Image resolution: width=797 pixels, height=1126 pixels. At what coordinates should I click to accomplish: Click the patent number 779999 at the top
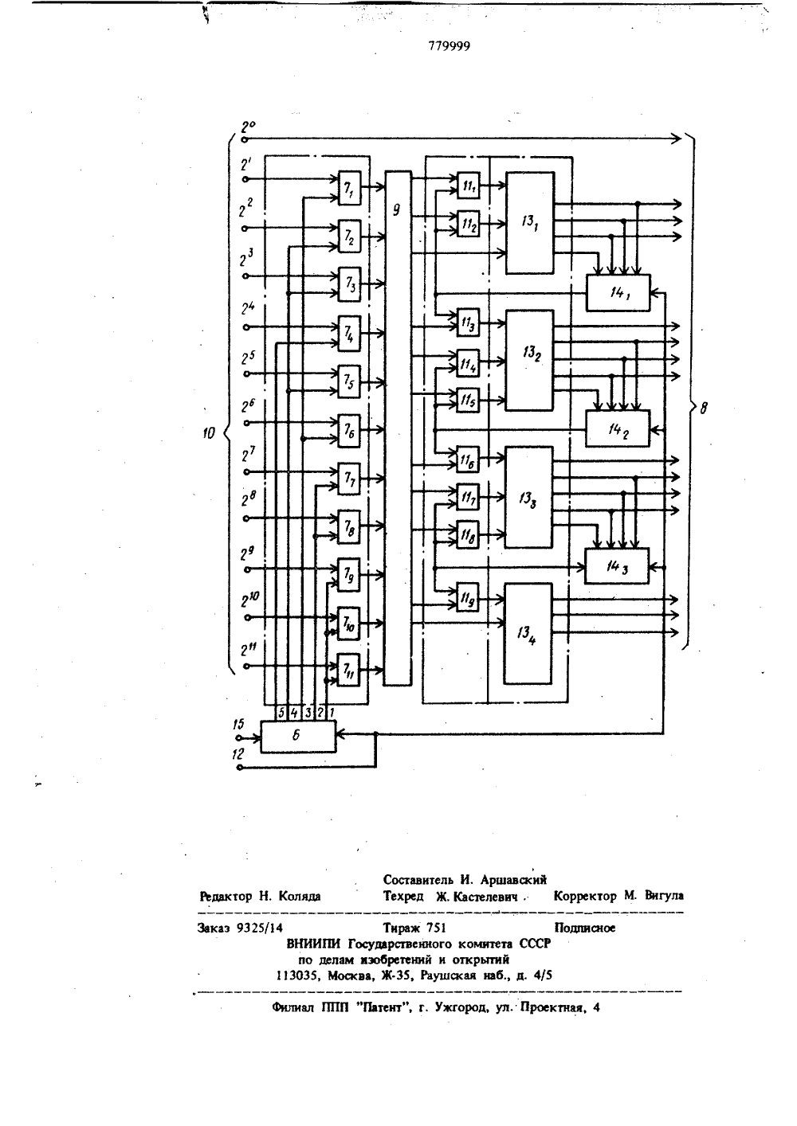tap(449, 46)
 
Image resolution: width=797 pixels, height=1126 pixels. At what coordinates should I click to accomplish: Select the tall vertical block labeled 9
tap(398, 428)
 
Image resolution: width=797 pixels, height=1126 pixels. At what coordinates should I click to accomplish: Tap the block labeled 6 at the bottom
tap(298, 737)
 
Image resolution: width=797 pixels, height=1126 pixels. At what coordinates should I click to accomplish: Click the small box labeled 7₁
tap(349, 188)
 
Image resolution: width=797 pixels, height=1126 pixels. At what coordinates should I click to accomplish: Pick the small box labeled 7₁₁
tap(348, 670)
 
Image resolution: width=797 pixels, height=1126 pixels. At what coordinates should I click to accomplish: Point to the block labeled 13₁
tap(530, 223)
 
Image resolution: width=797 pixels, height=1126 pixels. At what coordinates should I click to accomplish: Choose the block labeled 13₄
tap(528, 634)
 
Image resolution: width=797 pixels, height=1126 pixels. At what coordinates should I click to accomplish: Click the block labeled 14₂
tap(618, 428)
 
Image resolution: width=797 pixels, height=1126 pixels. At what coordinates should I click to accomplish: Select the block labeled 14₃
tap(617, 565)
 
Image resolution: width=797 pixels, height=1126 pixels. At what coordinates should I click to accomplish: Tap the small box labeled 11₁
tap(469, 186)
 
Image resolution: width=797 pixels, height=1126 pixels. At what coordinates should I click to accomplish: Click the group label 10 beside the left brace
tap(209, 433)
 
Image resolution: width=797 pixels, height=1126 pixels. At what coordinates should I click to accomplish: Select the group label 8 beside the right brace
tap(704, 409)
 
